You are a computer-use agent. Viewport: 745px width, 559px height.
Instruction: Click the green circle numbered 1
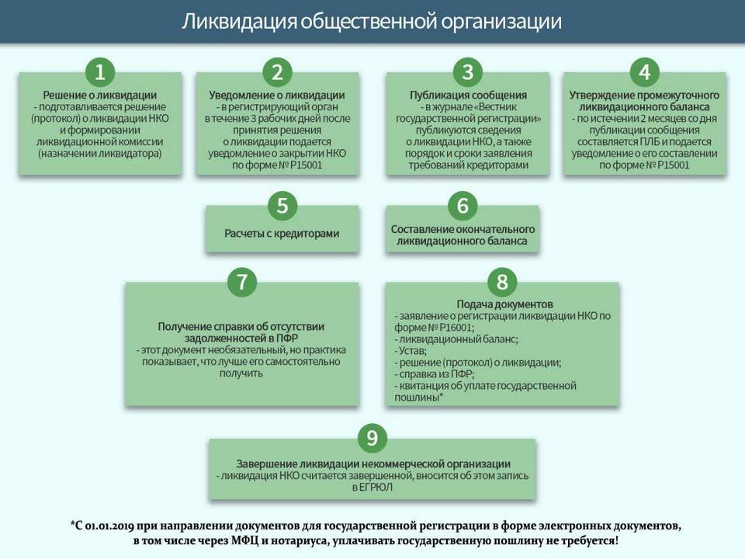pyautogui.click(x=100, y=72)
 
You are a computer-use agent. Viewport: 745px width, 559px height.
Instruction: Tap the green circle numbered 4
pyautogui.click(x=645, y=72)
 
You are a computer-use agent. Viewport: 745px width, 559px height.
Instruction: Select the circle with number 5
pyautogui.click(x=282, y=206)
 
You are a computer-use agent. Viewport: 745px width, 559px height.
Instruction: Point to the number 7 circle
pyautogui.click(x=242, y=281)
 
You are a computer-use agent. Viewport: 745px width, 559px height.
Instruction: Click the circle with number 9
pyautogui.click(x=372, y=438)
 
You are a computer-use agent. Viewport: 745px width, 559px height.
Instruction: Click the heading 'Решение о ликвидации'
pyautogui.click(x=100, y=95)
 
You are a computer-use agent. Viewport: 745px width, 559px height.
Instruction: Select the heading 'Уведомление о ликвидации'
pyautogui.click(x=277, y=95)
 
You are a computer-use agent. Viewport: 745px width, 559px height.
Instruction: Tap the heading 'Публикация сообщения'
pyautogui.click(x=468, y=95)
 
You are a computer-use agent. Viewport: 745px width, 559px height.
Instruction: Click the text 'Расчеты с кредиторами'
pyautogui.click(x=282, y=234)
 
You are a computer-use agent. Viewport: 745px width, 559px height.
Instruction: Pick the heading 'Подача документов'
pyautogui.click(x=504, y=304)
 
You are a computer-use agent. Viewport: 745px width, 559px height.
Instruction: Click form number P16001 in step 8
pyautogui.click(x=456, y=328)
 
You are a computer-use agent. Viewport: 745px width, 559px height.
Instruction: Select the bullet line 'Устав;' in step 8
pyautogui.click(x=411, y=351)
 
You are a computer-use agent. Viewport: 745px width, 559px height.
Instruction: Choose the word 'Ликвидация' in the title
pyautogui.click(x=239, y=22)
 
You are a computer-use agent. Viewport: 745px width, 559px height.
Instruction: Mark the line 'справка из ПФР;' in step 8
pyautogui.click(x=435, y=374)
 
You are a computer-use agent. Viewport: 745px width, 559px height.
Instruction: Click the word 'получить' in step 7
pyautogui.click(x=241, y=373)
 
